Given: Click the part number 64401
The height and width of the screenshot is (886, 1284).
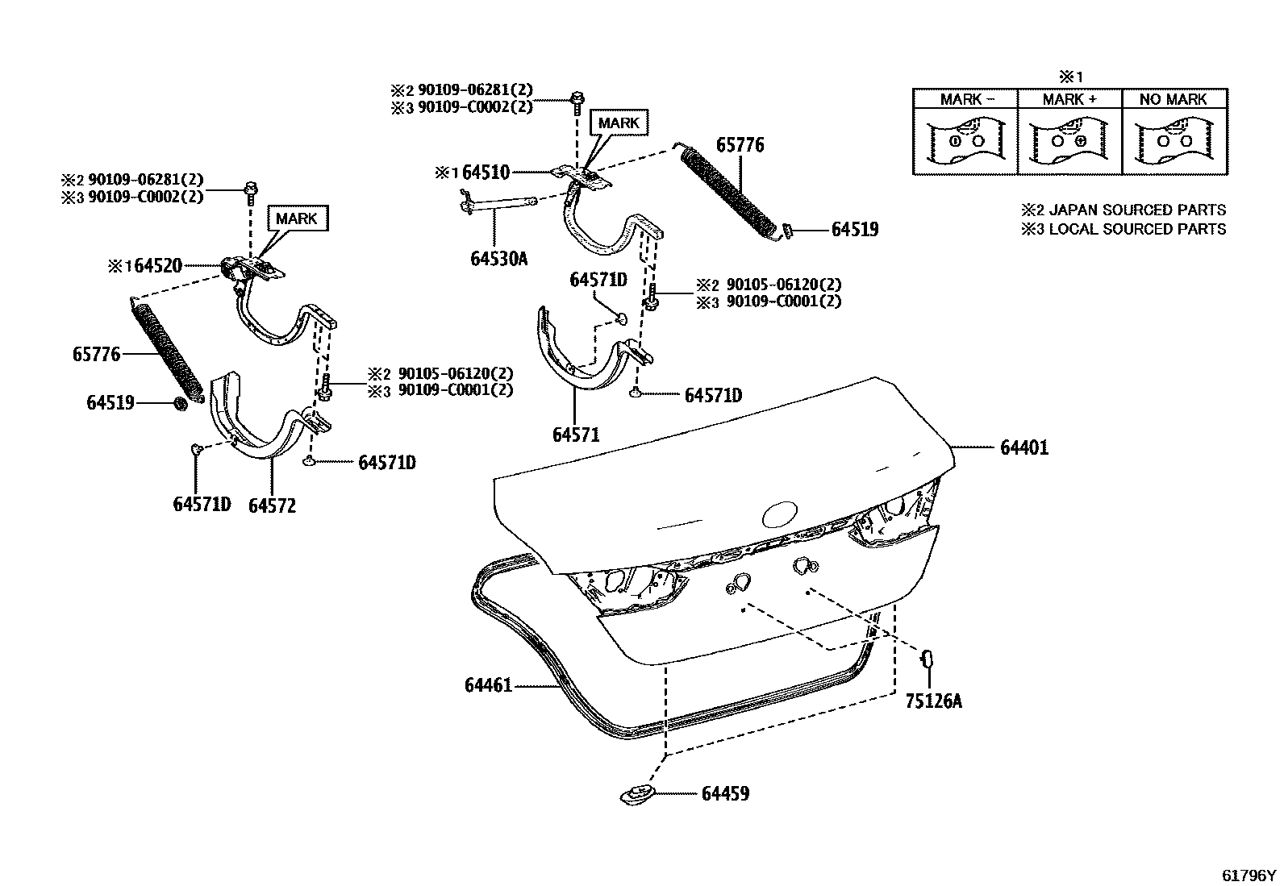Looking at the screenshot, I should pyautogui.click(x=1024, y=448).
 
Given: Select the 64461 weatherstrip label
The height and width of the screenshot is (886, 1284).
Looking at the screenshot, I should pyautogui.click(x=488, y=686).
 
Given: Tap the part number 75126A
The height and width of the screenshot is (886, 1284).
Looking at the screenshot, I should pyautogui.click(x=933, y=701).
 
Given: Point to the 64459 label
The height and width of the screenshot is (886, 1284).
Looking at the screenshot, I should pyautogui.click(x=725, y=794).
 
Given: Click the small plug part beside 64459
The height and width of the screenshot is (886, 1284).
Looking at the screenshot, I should pyautogui.click(x=637, y=794).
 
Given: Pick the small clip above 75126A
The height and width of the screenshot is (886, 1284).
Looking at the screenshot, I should pyautogui.click(x=928, y=659).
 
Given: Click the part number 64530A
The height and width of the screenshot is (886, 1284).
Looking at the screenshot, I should pyautogui.click(x=498, y=259).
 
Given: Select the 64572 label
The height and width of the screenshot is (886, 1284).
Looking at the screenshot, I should pyautogui.click(x=272, y=505).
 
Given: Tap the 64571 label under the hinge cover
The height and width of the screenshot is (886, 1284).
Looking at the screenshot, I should pyautogui.click(x=576, y=435).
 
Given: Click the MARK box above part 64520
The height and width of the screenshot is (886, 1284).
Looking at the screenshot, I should pyautogui.click(x=297, y=218).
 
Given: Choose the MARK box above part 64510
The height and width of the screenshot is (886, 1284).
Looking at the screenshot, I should pyautogui.click(x=619, y=123).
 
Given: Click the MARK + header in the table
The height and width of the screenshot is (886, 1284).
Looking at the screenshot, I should pyautogui.click(x=1069, y=99).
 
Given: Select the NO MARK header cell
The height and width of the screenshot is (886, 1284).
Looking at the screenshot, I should pyautogui.click(x=1174, y=99).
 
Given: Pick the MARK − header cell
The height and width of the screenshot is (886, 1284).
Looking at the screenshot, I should pyautogui.click(x=966, y=99).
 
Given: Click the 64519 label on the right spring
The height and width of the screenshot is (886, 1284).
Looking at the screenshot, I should pyautogui.click(x=855, y=230).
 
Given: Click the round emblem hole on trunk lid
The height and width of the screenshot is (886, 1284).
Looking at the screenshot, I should pyautogui.click(x=780, y=514).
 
